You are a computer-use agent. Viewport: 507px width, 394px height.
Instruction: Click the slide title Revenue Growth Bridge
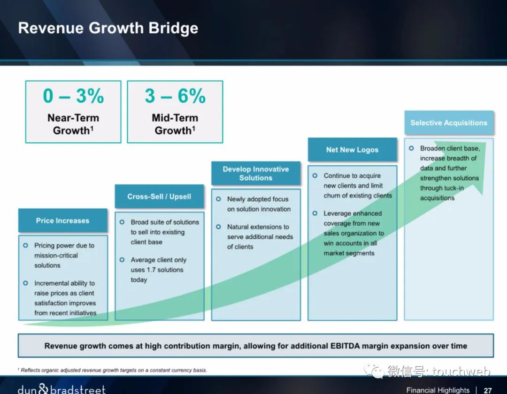point(108,28)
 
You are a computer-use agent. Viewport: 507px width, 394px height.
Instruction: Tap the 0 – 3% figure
point(73,96)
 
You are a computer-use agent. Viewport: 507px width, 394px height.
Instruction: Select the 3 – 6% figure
point(175,96)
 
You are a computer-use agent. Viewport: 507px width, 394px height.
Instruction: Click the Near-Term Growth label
point(73,124)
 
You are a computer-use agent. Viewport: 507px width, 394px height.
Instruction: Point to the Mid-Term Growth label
point(175,124)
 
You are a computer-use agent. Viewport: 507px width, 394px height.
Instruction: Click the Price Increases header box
point(63,220)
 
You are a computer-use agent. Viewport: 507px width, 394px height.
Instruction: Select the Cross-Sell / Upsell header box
point(159,197)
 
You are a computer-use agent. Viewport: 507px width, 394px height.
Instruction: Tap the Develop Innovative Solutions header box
point(256,174)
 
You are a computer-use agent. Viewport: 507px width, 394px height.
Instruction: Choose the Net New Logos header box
point(352,150)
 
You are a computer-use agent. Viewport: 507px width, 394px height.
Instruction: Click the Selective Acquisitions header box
point(449,123)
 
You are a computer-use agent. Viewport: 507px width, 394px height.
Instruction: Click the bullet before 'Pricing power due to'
point(25,245)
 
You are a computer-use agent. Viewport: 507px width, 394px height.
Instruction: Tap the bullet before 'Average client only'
point(122,260)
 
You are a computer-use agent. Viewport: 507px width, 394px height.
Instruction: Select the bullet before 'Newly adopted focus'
point(219,199)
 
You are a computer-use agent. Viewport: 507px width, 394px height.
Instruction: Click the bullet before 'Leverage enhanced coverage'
point(315,213)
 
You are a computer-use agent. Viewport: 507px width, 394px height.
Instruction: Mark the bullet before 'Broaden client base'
point(411,148)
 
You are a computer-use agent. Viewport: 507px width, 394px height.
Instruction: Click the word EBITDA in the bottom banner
point(345,346)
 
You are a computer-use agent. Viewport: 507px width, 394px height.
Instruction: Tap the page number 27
point(488,390)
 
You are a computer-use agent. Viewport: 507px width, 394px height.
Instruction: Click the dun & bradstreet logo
point(61,389)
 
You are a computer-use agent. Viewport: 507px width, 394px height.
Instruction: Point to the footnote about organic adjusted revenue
point(112,370)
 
